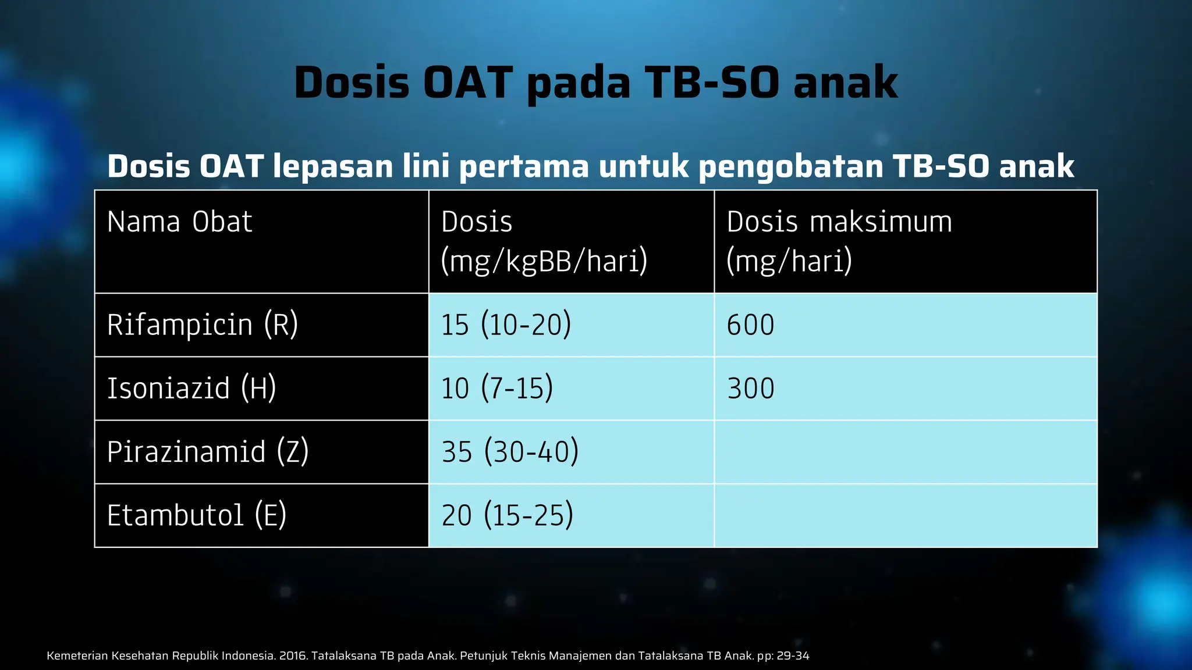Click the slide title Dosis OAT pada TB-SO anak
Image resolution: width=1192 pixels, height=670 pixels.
click(x=596, y=83)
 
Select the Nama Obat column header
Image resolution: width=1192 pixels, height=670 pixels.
click(x=179, y=222)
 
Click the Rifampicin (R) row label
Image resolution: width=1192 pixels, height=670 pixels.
click(x=202, y=325)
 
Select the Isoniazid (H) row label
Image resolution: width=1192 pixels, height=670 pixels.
click(x=191, y=388)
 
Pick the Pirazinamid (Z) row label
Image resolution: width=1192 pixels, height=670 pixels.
click(x=207, y=452)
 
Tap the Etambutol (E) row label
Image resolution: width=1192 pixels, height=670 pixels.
click(x=196, y=515)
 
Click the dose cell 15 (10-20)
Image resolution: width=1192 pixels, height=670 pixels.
click(x=506, y=325)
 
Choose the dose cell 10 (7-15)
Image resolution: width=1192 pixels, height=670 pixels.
click(x=496, y=388)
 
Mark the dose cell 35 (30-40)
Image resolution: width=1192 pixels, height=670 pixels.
click(x=510, y=452)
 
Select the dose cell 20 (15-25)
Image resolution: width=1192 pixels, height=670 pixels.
click(x=507, y=515)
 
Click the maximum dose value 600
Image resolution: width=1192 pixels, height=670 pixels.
click(x=750, y=325)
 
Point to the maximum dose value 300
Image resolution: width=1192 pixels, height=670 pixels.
click(x=750, y=389)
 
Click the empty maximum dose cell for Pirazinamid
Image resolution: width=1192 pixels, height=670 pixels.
click(x=905, y=452)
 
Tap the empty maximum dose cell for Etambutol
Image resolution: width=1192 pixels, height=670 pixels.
click(x=905, y=515)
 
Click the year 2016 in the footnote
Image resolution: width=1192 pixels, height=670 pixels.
click(x=293, y=656)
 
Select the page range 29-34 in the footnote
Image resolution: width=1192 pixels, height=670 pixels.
click(x=793, y=656)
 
